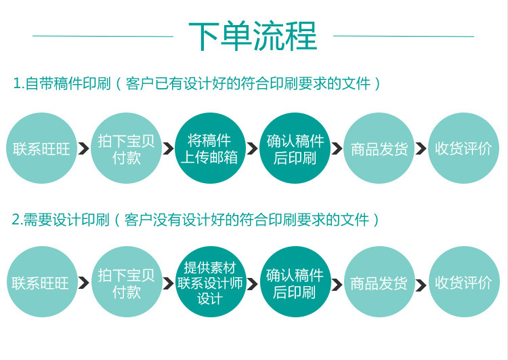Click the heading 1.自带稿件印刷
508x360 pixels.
(62, 84)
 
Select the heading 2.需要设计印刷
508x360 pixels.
(61, 220)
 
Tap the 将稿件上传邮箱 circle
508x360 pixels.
(209, 148)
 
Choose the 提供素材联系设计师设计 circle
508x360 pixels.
(209, 282)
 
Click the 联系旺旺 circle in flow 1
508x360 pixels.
(42, 148)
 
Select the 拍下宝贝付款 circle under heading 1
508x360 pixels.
(125, 148)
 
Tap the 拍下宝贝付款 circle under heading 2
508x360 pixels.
(126, 282)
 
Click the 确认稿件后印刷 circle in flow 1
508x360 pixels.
(295, 148)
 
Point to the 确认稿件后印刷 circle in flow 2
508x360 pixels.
(295, 282)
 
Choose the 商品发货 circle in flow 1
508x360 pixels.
(379, 148)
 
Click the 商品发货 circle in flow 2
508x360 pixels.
(379, 282)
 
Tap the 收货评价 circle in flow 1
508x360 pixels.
(463, 148)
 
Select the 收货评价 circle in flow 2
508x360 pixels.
(463, 282)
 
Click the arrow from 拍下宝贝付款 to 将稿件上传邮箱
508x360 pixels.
(168, 148)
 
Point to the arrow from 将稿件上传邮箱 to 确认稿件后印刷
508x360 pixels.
(252, 148)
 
